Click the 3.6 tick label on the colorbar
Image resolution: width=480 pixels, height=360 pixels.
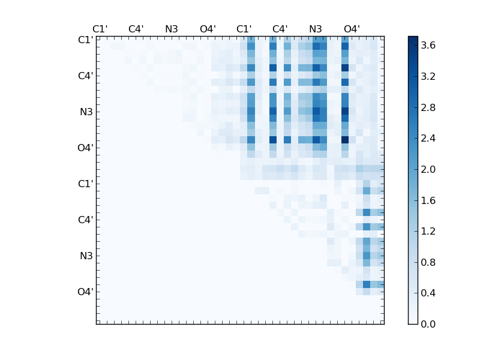click(428, 46)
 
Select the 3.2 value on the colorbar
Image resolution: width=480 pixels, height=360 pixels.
click(428, 77)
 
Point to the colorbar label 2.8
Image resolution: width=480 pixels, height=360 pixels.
click(428, 107)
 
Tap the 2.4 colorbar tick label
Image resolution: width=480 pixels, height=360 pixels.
click(428, 139)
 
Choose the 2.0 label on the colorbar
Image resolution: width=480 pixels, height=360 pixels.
click(428, 169)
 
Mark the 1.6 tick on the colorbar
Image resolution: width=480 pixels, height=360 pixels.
click(428, 200)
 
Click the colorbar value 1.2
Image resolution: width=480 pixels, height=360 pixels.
click(428, 231)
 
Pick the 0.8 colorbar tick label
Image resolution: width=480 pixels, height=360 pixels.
click(428, 262)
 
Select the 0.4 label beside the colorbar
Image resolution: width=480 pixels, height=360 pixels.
click(428, 293)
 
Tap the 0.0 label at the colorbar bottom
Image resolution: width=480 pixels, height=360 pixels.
click(428, 324)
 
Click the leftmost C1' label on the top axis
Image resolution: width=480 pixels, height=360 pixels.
click(100, 29)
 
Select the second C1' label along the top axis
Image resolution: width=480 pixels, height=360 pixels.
click(244, 29)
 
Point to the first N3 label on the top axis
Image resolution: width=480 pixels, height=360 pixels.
click(172, 29)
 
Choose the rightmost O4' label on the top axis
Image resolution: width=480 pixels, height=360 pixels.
click(352, 29)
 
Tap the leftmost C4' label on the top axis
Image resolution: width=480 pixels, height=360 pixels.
click(136, 29)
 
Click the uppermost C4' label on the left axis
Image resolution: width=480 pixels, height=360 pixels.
click(85, 76)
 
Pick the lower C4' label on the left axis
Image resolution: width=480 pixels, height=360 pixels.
click(85, 220)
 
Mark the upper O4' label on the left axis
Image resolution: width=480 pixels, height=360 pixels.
click(85, 148)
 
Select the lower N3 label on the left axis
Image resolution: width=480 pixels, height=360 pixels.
click(86, 256)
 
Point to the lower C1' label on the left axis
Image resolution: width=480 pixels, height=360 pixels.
click(85, 184)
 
